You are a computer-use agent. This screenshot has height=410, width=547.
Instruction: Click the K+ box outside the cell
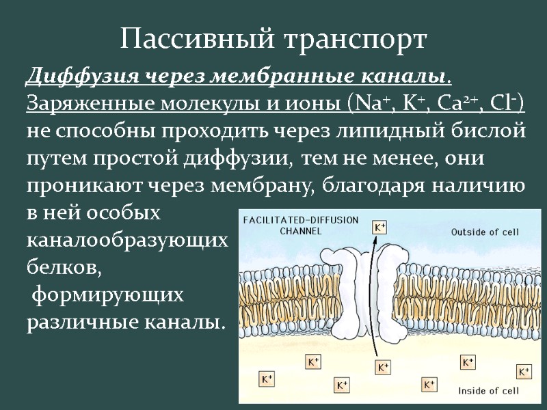click(379, 226)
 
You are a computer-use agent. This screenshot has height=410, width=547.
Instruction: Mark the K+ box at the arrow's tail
click(384, 367)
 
